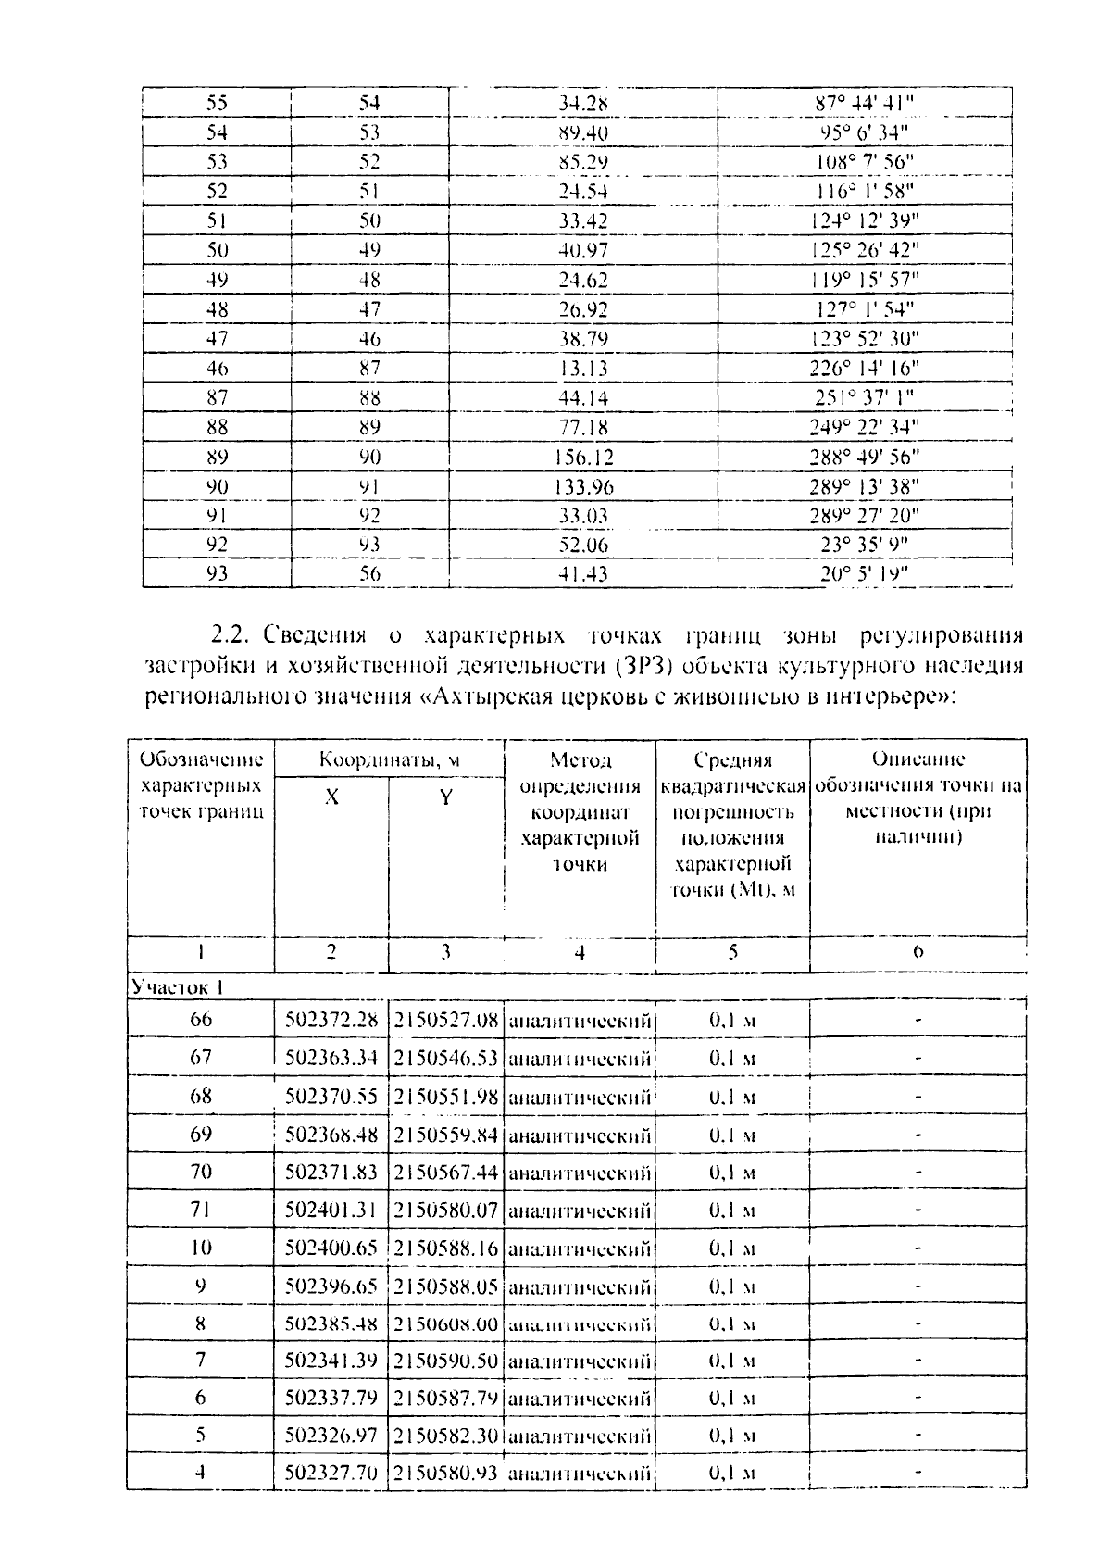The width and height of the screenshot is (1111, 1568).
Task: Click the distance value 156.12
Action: (x=583, y=458)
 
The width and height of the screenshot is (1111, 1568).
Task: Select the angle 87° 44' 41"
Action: (x=865, y=103)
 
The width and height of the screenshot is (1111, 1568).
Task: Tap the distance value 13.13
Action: (x=583, y=369)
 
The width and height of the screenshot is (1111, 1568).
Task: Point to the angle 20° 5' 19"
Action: (x=865, y=574)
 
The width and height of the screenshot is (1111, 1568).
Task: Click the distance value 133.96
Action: (x=583, y=487)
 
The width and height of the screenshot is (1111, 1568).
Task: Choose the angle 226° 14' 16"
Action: (x=865, y=369)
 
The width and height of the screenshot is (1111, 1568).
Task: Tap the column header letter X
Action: (x=331, y=797)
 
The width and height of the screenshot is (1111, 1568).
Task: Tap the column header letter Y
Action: (x=445, y=797)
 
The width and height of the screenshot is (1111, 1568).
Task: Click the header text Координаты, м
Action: (x=390, y=760)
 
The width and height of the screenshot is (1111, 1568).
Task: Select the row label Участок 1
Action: (x=178, y=987)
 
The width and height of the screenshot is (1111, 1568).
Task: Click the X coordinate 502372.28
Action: (x=331, y=1021)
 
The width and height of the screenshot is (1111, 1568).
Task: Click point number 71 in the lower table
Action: (x=201, y=1210)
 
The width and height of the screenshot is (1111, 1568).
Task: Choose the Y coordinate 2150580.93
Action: (x=446, y=1472)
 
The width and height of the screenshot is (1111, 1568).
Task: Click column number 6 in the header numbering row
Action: (x=918, y=951)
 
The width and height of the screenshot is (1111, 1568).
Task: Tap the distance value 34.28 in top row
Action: (x=583, y=103)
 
